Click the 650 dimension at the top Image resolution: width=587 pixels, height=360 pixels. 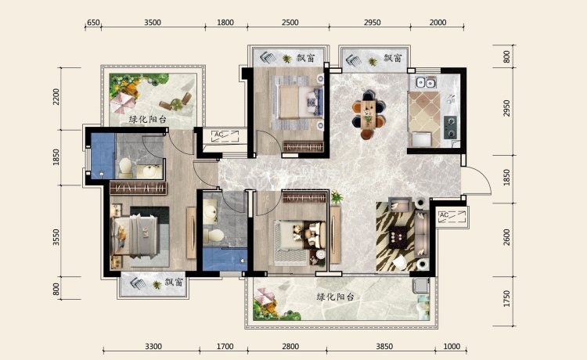(93, 23)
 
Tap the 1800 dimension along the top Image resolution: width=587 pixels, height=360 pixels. (225, 23)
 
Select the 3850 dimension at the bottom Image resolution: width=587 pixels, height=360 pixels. (384, 347)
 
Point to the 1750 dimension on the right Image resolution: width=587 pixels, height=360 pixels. (506, 298)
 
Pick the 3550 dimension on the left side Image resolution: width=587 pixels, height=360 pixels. (56, 237)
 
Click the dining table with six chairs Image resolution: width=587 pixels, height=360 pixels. (369, 114)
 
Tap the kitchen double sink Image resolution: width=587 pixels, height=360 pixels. (426, 82)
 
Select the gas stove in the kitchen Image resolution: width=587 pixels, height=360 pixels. (450, 128)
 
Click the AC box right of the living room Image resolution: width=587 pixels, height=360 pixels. (452, 217)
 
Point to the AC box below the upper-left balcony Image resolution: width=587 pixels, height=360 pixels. (225, 136)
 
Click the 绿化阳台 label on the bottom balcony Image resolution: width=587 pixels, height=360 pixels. (335, 297)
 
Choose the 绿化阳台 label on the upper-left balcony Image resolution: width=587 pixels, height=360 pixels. (147, 120)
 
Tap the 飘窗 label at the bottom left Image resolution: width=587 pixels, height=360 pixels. (174, 283)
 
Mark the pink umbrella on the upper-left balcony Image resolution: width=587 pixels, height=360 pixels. (123, 103)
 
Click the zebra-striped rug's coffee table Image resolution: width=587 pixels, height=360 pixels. (398, 237)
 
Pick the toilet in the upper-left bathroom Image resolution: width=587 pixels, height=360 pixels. (125, 167)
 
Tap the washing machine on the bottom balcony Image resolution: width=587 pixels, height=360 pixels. (421, 285)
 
